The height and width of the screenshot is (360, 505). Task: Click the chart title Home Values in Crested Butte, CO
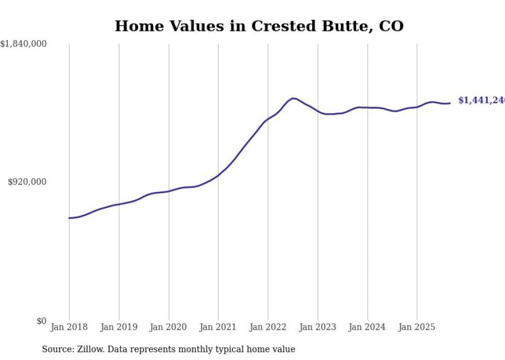click(259, 26)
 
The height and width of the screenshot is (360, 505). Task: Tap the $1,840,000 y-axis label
click(24, 44)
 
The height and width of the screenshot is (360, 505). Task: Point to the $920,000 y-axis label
click(27, 182)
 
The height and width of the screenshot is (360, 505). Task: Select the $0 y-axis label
click(41, 321)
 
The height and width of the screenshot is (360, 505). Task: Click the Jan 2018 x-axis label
click(69, 327)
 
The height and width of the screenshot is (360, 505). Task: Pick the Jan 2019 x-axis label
click(119, 327)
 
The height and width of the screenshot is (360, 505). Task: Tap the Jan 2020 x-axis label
click(169, 327)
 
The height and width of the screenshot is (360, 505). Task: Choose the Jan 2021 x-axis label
click(218, 327)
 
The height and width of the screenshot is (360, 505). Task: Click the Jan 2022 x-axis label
click(268, 327)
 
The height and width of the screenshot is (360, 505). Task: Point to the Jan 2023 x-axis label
click(317, 327)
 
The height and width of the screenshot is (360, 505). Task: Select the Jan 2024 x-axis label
click(367, 327)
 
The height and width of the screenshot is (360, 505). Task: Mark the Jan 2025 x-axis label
click(417, 327)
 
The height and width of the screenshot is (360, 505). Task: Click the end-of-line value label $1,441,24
click(481, 100)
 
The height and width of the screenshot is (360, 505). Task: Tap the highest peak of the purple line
click(293, 98)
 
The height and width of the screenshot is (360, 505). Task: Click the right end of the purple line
click(450, 103)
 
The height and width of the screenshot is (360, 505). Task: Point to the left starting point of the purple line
click(69, 218)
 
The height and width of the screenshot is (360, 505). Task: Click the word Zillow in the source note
click(87, 349)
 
